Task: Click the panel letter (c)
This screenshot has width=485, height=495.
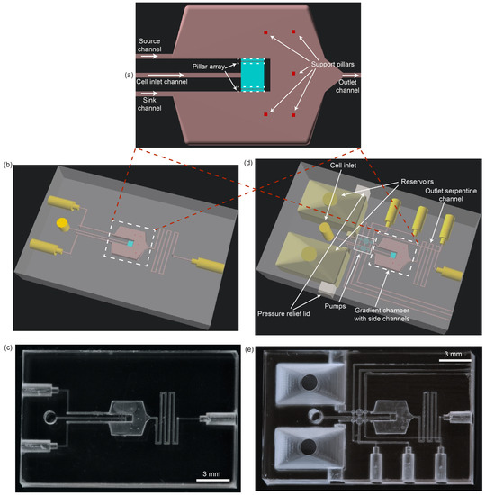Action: tap(8, 346)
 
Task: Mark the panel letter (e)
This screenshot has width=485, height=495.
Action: tap(259, 346)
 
